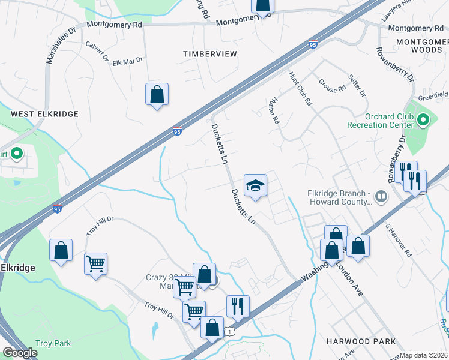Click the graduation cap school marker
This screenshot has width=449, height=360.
(x=255, y=185)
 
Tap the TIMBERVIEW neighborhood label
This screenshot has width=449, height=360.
(x=210, y=54)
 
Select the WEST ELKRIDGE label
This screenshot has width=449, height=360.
(x=35, y=114)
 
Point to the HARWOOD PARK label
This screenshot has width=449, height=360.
(x=361, y=341)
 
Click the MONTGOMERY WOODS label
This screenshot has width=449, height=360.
(x=421, y=46)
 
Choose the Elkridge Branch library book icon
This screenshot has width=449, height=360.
(x=380, y=196)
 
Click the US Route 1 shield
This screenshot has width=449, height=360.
(x=229, y=331)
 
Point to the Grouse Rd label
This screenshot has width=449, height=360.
(x=332, y=86)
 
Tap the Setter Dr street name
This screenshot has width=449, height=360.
(x=357, y=85)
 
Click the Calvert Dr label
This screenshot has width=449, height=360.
(x=97, y=52)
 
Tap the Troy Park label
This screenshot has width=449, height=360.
(x=53, y=344)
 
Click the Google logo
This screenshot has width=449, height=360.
(x=19, y=353)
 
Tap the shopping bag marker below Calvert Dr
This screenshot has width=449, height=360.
(x=157, y=95)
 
